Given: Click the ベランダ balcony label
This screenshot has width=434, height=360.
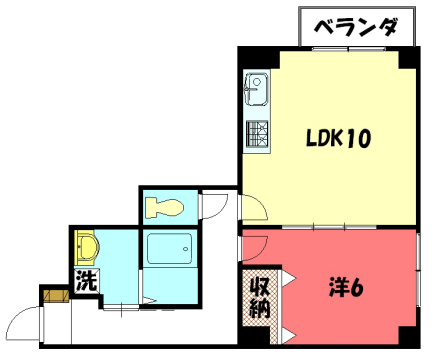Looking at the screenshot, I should click(356, 27).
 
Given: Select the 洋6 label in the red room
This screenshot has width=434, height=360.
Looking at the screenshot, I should click(345, 288).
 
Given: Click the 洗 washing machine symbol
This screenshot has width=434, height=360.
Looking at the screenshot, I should click(86, 282).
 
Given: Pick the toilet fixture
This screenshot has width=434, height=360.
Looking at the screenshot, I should click(163, 208).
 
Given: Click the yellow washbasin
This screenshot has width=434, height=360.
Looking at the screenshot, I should click(86, 247).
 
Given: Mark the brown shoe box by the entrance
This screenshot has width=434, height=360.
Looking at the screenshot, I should click(53, 295).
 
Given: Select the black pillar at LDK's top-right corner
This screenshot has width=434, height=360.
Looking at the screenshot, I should click(408, 57).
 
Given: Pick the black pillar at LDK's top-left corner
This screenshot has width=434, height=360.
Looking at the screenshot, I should click(247, 57).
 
